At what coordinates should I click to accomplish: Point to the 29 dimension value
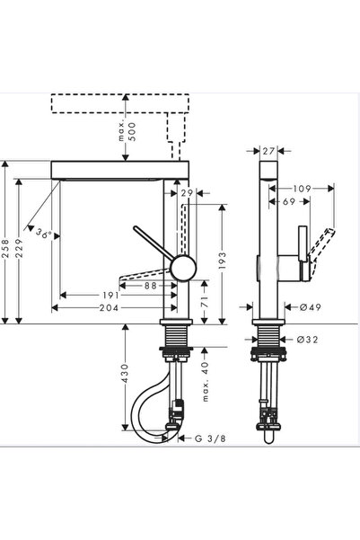coord(188,194)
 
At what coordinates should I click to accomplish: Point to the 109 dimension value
coord(302,189)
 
